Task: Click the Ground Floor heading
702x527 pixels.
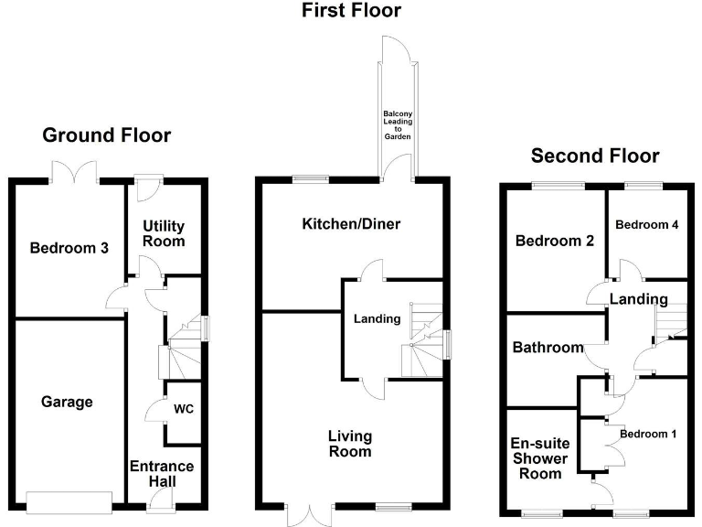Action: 107,135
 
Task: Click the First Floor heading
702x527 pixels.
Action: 351,11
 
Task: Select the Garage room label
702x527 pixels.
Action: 67,402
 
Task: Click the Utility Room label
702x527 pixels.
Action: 164,233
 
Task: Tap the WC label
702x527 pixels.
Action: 183,408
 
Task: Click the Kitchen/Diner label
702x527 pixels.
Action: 351,224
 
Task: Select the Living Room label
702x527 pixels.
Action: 350,444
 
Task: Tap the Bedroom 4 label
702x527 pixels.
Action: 646,225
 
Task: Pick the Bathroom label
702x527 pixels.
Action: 548,348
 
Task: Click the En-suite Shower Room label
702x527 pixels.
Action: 539,457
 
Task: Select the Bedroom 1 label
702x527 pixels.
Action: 648,434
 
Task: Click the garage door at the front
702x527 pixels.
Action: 69,500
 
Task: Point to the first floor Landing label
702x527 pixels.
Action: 378,319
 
